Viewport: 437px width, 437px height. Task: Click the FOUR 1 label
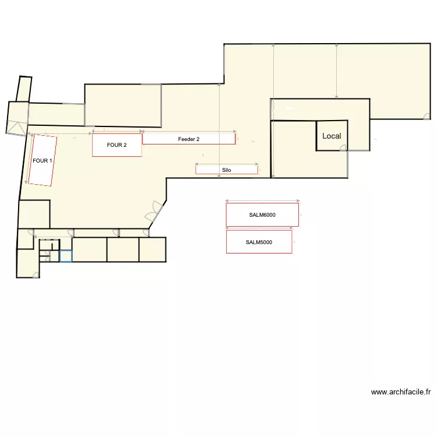tap(43, 161)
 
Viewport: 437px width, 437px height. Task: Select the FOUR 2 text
tap(117, 145)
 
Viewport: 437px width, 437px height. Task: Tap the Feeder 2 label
tap(189, 139)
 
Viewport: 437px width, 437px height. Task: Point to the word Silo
tap(227, 170)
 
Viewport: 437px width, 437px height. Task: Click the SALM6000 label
tap(262, 215)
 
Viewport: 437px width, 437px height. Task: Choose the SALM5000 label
tap(259, 242)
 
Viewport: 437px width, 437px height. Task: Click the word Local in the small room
tap(332, 136)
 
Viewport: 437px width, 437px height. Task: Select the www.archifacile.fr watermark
tap(401, 392)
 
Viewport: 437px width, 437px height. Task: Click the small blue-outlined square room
tap(66, 256)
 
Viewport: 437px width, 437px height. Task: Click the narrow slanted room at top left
tap(24, 89)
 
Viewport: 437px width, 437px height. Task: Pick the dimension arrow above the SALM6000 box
tap(262, 201)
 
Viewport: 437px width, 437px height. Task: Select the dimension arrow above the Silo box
tap(227, 164)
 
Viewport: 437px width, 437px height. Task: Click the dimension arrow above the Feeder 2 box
tap(189, 132)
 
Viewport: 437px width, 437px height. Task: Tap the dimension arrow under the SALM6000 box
tap(259, 228)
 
